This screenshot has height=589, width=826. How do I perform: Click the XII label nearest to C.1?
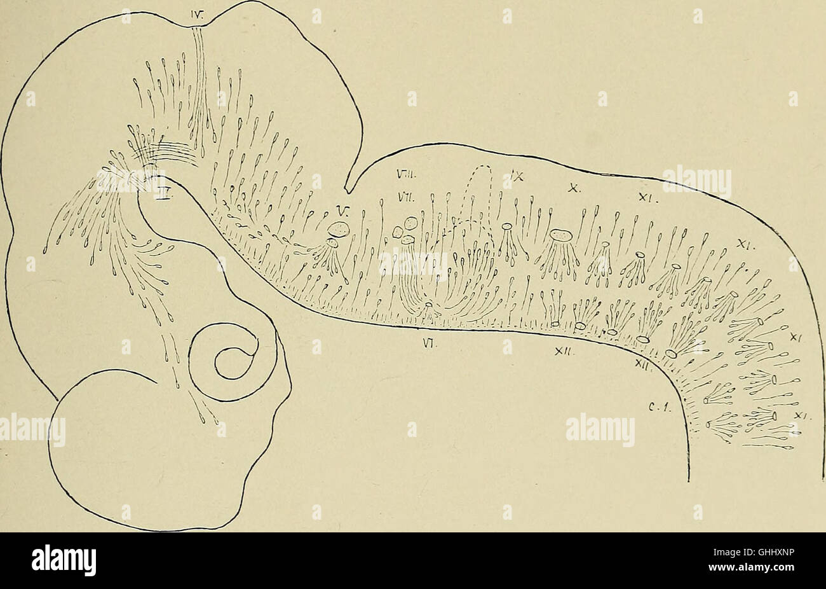point(642,363)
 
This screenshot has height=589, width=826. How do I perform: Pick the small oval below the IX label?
point(507,226)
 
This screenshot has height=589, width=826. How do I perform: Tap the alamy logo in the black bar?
point(65,560)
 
